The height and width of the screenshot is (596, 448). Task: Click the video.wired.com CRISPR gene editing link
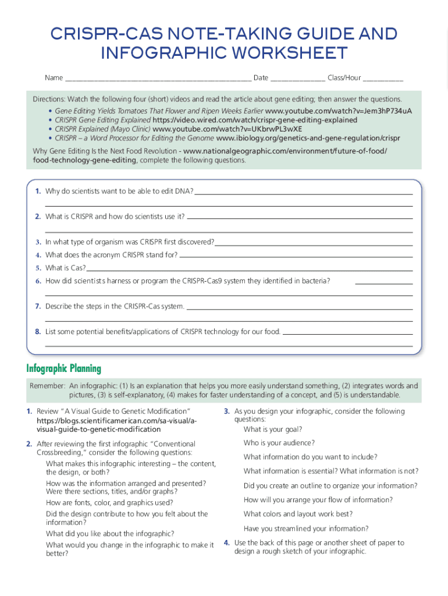click(255, 120)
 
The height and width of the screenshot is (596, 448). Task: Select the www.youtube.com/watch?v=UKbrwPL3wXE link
click(227, 129)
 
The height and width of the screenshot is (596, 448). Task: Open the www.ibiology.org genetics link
click(308, 139)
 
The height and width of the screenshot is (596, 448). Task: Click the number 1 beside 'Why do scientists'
click(37, 191)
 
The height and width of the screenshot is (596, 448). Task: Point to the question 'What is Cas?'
click(65, 268)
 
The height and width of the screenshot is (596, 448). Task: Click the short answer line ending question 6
click(383, 283)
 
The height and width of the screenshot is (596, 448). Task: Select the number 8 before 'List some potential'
click(37, 332)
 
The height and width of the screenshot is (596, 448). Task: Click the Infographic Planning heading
click(64, 368)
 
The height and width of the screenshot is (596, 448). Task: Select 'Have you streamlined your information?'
click(306, 528)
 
